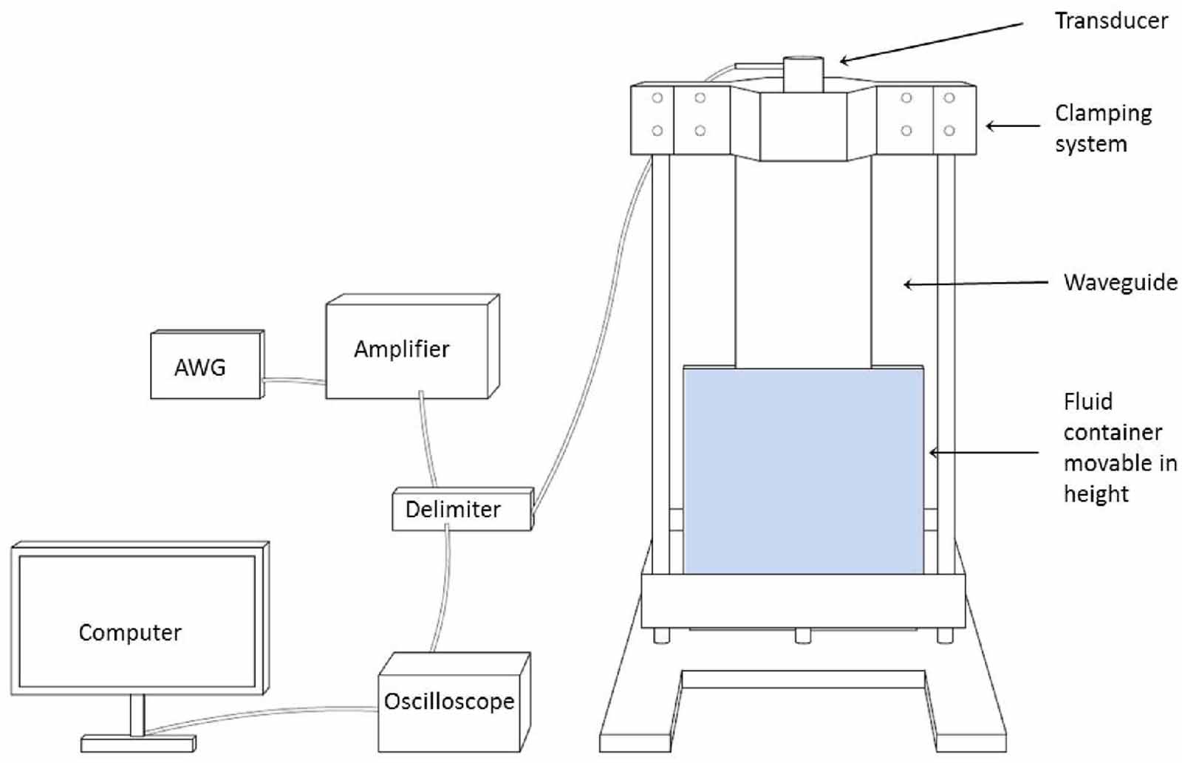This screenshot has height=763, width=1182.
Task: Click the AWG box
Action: point(205,366)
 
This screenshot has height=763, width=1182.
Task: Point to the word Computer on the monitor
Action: point(130,633)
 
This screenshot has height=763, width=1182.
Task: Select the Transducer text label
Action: point(1110,21)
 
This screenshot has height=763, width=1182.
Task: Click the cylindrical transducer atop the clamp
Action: point(803,74)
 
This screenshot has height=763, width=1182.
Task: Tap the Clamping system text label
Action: point(1102,128)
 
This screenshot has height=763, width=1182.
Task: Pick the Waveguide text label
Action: point(1120,282)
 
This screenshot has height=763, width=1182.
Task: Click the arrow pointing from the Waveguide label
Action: point(975,283)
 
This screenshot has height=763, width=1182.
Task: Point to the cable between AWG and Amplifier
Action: point(294,381)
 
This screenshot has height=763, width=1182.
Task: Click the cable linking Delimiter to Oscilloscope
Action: point(440,591)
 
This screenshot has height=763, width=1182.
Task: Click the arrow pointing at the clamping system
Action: point(1012,126)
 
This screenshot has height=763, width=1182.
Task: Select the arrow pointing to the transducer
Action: point(931,42)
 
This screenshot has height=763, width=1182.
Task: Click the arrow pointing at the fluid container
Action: point(983,452)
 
